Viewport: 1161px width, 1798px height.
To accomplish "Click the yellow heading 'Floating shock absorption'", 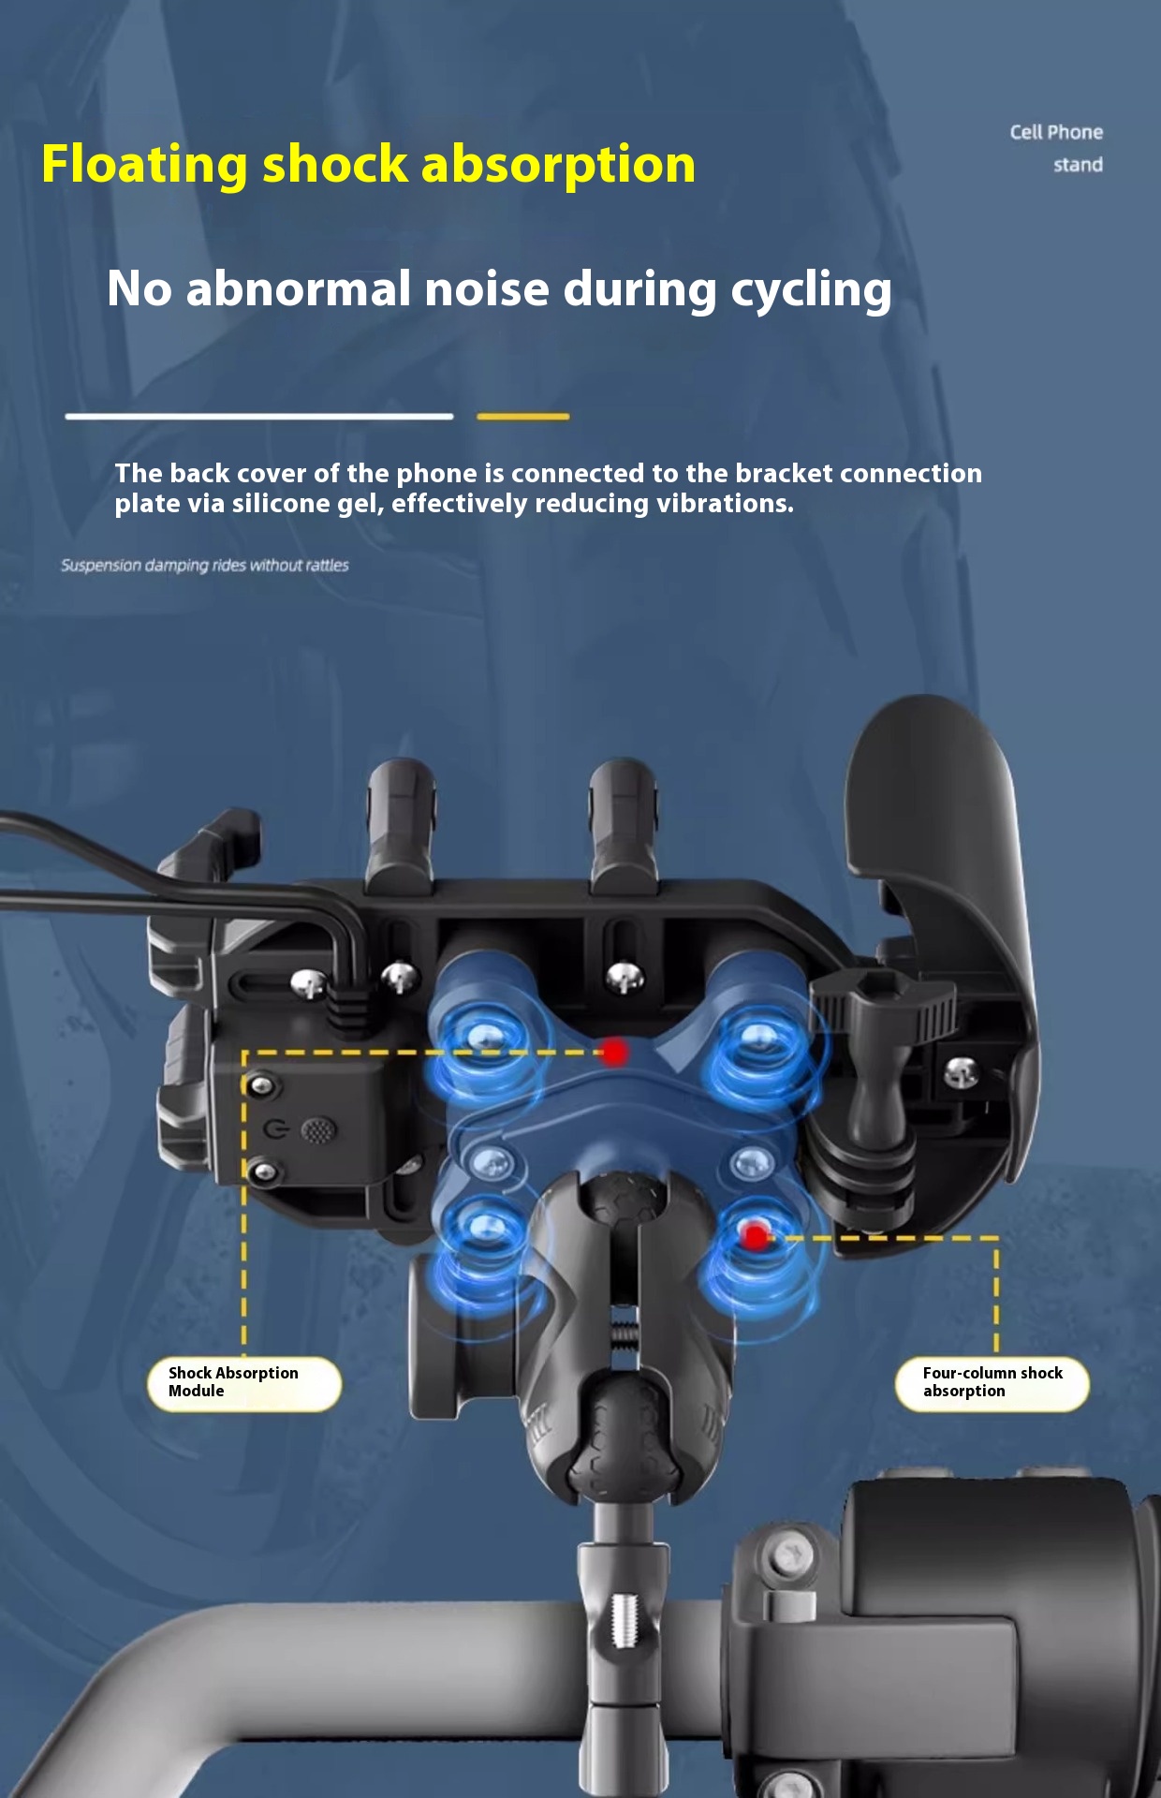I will click(368, 165).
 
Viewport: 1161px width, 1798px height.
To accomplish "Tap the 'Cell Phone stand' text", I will click(1057, 148).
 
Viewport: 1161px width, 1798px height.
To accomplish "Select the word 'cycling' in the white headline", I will click(811, 289).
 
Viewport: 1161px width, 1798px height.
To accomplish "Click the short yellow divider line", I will click(522, 417).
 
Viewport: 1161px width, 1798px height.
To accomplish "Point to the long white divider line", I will click(259, 416).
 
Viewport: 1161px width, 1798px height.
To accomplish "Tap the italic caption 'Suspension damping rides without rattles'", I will click(205, 566).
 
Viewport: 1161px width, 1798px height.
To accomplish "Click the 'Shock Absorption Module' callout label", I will click(243, 1382).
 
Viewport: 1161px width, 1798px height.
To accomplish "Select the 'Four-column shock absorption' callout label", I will click(992, 1382).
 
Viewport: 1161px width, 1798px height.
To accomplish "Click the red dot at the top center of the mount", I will click(614, 1052).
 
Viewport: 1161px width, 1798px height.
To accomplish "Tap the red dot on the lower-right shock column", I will click(756, 1236).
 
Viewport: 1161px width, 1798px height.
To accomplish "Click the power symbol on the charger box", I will click(275, 1128).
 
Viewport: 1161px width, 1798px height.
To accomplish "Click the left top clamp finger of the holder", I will click(401, 824).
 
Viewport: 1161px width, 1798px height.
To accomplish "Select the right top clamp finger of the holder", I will click(622, 824).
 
